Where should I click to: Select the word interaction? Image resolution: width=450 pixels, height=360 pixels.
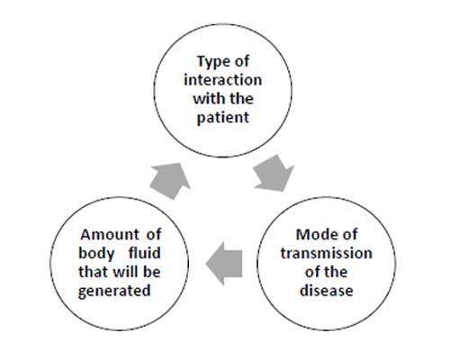[x=222, y=80]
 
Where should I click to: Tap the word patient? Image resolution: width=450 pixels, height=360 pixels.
[x=222, y=117]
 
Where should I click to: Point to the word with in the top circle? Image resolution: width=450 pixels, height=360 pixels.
[x=208, y=98]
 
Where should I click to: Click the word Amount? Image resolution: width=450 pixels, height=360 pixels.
[x=110, y=234]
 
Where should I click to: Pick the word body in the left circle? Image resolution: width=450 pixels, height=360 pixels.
[x=96, y=254]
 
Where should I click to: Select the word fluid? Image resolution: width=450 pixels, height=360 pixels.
[x=145, y=253]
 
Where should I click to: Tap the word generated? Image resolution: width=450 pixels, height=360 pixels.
[x=114, y=291]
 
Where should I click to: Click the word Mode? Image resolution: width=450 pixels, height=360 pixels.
[x=314, y=234]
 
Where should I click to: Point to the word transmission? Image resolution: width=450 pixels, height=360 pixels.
[x=326, y=253]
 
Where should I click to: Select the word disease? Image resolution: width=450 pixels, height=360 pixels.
[x=326, y=291]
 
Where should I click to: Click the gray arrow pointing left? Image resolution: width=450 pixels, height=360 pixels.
[x=224, y=264]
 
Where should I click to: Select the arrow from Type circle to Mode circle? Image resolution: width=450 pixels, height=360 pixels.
[x=274, y=173]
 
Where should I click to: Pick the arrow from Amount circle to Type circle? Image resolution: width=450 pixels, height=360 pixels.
[x=170, y=181]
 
